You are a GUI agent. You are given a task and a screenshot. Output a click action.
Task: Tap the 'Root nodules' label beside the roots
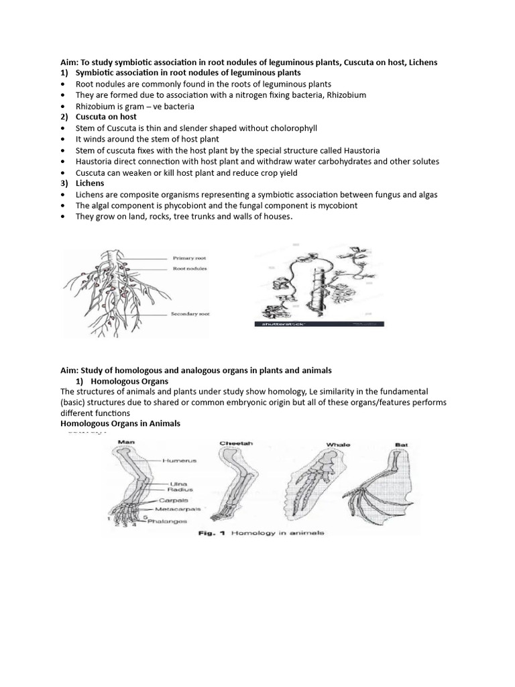190,268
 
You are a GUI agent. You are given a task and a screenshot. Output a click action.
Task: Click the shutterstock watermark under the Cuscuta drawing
280,323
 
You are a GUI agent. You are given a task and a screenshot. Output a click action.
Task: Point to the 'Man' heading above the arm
127,442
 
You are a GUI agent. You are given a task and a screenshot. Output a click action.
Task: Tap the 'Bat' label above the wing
402,444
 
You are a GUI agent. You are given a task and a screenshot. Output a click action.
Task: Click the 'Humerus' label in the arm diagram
180,460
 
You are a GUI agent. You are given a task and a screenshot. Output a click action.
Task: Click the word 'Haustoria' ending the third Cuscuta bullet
361,150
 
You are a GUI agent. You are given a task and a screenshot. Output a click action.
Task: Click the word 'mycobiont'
333,205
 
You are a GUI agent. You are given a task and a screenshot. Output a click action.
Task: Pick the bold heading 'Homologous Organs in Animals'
120,424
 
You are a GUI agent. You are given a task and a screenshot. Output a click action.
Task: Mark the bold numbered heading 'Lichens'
91,183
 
